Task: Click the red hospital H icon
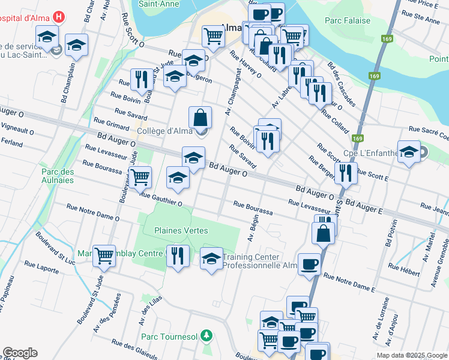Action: [58, 17]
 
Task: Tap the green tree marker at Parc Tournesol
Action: [206, 334]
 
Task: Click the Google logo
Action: [20, 353]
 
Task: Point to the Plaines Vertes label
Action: [181, 230]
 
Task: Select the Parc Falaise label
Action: [348, 20]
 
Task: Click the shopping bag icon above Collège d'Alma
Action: [200, 117]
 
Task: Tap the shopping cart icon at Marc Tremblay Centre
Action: [104, 255]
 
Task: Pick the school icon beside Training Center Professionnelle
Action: [211, 258]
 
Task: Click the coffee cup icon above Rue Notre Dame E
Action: [310, 264]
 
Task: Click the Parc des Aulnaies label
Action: [58, 176]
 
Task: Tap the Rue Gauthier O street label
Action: [161, 197]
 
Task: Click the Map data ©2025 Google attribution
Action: [412, 355]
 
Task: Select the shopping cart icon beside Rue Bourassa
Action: [140, 176]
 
